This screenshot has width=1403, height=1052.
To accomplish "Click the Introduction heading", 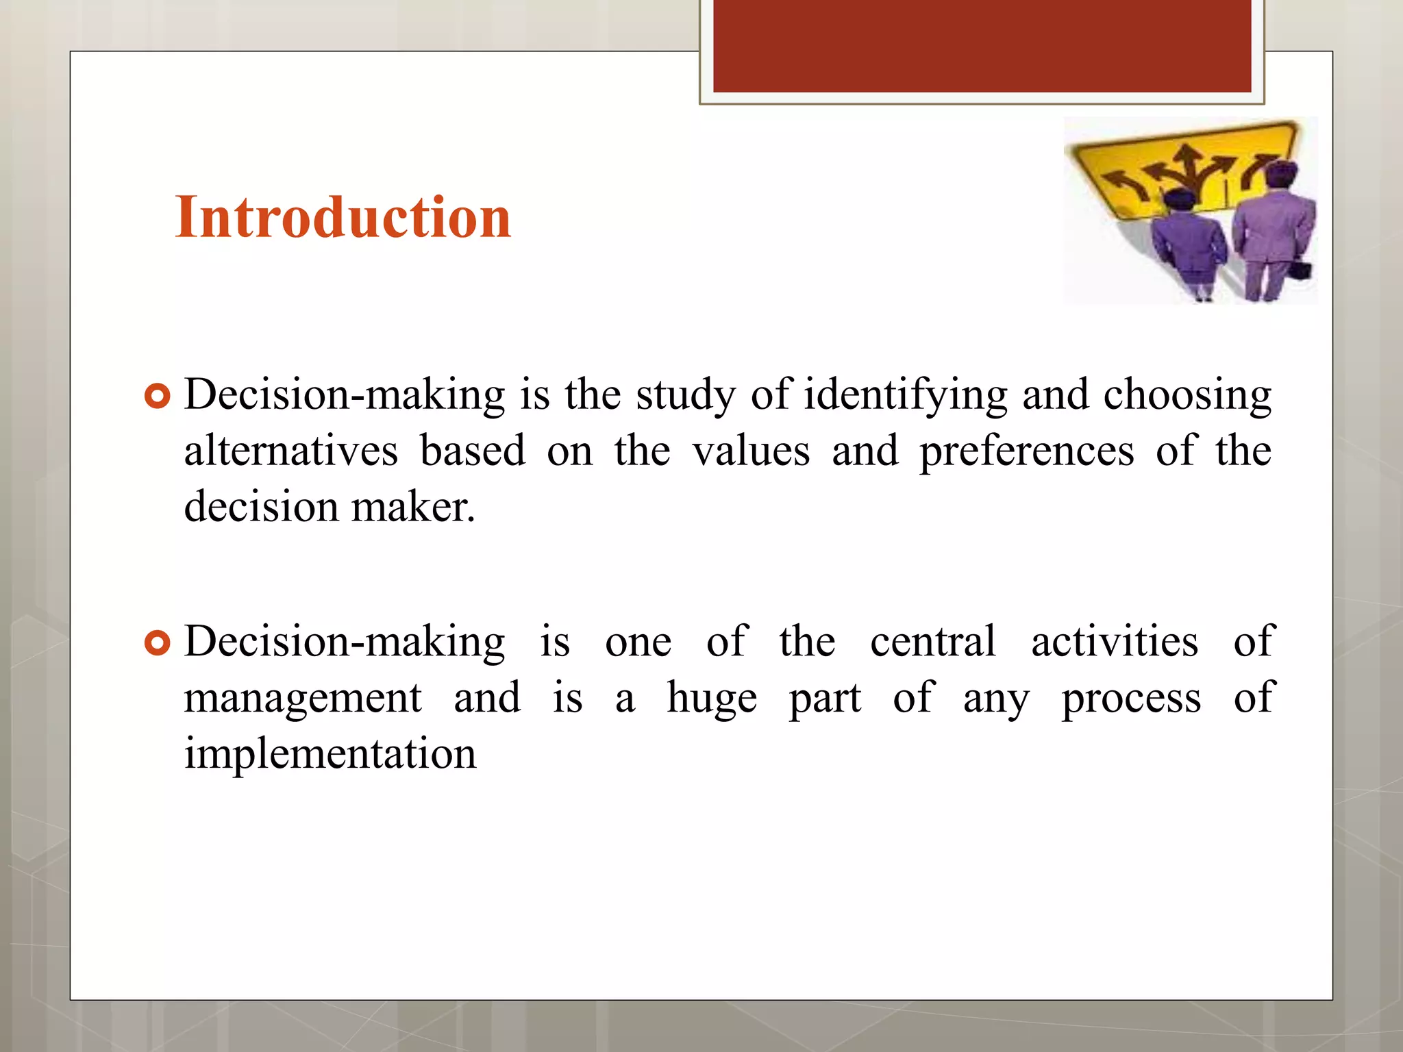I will (x=343, y=218).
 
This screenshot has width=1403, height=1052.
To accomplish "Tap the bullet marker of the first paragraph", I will (x=158, y=397).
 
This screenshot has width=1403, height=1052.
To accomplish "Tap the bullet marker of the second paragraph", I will (x=158, y=643).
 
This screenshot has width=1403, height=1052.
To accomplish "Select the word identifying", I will (x=905, y=396).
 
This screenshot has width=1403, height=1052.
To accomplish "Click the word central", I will (x=932, y=642).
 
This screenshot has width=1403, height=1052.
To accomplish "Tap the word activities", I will (x=1115, y=642).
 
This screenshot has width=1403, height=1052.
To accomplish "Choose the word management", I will (x=302, y=699).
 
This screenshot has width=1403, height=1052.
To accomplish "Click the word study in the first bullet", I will (x=686, y=396).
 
